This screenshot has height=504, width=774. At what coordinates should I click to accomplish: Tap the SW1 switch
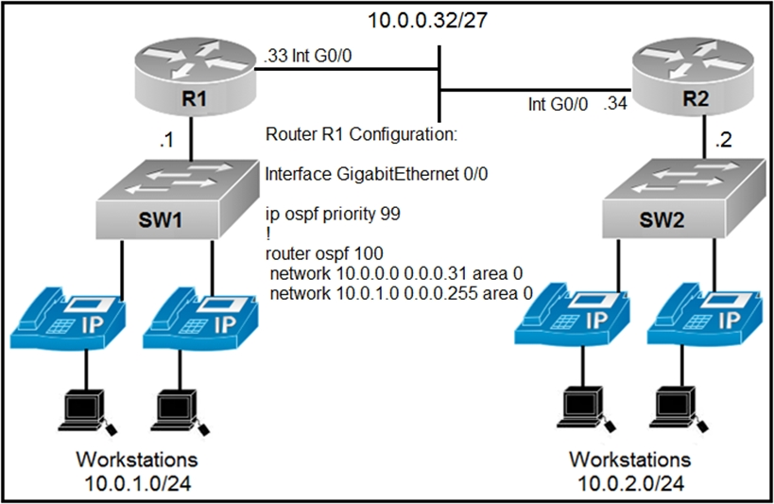pos(178,200)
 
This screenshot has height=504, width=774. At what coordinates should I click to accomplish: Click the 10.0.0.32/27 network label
pos(428,20)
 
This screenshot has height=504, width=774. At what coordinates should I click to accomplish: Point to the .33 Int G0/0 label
pos(308,56)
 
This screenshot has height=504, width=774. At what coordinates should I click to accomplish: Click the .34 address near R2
pos(615,104)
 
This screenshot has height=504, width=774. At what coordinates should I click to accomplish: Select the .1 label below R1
pos(166,140)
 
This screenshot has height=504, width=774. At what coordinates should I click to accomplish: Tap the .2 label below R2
pos(723,140)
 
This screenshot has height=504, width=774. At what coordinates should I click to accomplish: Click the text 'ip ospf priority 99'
pos(333,215)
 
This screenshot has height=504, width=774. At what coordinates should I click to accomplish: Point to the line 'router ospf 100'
pos(324,253)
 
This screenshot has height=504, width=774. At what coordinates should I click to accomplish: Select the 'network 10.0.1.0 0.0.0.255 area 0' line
pos(402,293)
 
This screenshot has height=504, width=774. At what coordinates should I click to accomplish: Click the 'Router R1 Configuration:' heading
pos(361,134)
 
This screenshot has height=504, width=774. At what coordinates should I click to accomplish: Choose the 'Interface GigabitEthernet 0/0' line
pos(377,174)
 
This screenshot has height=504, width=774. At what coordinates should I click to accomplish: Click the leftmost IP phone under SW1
pos(68,317)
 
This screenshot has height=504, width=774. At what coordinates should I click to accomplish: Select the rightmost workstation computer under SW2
pos(681,409)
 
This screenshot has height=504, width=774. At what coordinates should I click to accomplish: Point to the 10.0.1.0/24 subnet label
pos(137,484)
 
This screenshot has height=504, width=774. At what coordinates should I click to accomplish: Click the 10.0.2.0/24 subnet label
pos(631,484)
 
